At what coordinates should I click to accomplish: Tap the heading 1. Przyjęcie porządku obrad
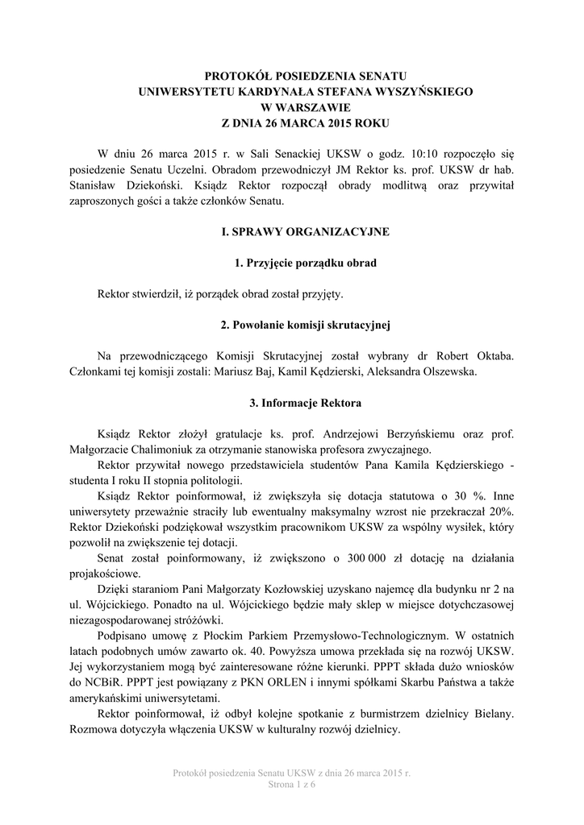(x=292, y=263)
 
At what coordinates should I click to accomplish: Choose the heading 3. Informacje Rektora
(x=292, y=402)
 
